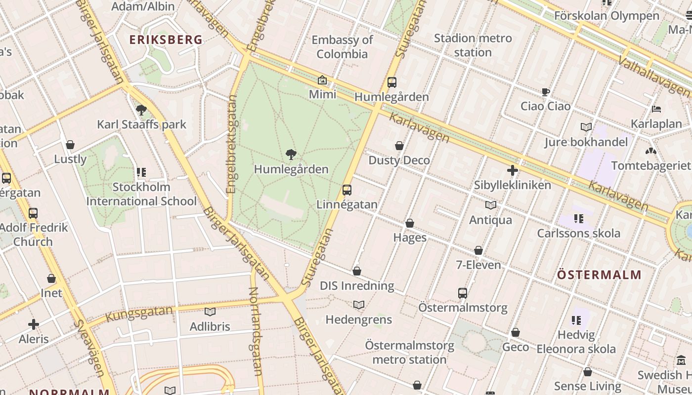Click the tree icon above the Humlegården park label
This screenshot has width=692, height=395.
[291, 155]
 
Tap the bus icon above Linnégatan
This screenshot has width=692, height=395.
[347, 190]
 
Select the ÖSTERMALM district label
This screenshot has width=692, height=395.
[599, 275]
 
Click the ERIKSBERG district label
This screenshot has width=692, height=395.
[166, 40]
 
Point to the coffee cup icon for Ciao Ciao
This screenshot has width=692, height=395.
[546, 92]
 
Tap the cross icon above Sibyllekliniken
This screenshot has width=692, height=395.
[513, 171]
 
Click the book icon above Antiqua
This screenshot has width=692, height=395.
[491, 205]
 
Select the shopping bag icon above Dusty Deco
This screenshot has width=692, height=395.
[399, 146]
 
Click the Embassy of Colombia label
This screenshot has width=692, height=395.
[342, 47]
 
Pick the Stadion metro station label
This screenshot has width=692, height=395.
[473, 45]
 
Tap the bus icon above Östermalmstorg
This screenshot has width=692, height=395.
[463, 293]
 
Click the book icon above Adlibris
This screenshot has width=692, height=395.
[210, 312]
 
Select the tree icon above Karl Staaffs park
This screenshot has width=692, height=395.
[141, 110]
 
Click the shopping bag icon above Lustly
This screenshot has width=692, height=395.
[70, 145]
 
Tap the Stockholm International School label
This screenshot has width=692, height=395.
[141, 194]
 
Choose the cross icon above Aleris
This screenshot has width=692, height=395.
[34, 324]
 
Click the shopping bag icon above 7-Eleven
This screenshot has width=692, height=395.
[478, 251]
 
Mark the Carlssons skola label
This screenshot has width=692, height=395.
[578, 233]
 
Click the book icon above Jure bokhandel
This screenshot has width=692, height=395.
[586, 127]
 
